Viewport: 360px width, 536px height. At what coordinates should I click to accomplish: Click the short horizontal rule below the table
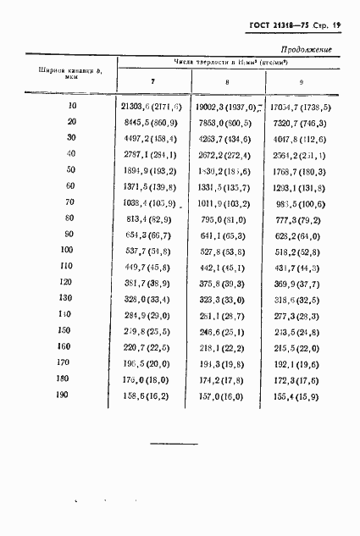pyautogui.click(x=173, y=443)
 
